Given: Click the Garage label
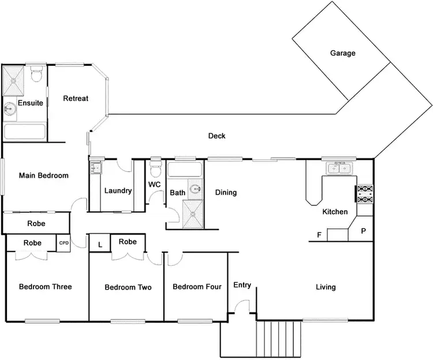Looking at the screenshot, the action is [342, 53].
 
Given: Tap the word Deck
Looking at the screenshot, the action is [216, 136].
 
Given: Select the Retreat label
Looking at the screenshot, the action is [76, 99].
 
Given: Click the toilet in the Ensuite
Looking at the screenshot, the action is [36, 75].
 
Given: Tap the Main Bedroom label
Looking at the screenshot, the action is [44, 176].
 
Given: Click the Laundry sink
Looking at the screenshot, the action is [95, 168].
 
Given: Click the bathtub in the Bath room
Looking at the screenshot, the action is [184, 171].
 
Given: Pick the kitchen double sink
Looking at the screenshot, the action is [339, 168].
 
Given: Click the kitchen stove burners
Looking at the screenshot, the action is [365, 194].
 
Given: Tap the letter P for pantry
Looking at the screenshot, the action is [363, 231].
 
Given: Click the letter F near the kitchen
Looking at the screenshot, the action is [319, 235].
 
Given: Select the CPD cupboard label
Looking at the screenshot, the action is [64, 243].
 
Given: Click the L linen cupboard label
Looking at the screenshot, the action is [100, 245].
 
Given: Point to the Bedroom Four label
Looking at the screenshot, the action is [197, 287].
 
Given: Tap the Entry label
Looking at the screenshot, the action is [242, 285].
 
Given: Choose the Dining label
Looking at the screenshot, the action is [226, 192].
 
